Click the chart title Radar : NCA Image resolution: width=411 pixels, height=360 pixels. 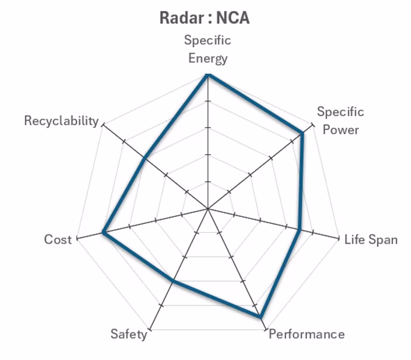(204, 18)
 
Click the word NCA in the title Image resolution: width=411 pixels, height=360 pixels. (232, 18)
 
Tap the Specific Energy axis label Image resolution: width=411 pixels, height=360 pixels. (208, 49)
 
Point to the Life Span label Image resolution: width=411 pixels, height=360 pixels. (370, 239)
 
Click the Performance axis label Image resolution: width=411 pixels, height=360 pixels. (307, 334)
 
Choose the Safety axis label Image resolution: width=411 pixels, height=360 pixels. (128, 334)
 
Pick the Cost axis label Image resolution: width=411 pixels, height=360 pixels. (58, 239)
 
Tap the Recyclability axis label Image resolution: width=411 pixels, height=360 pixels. (61, 121)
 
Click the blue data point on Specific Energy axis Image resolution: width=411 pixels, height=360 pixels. (208, 75)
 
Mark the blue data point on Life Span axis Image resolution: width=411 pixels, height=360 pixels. (300, 229)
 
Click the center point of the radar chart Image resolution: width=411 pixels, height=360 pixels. (208, 209)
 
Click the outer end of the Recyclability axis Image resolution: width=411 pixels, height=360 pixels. (103, 124)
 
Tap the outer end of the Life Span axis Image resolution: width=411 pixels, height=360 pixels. (339, 239)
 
